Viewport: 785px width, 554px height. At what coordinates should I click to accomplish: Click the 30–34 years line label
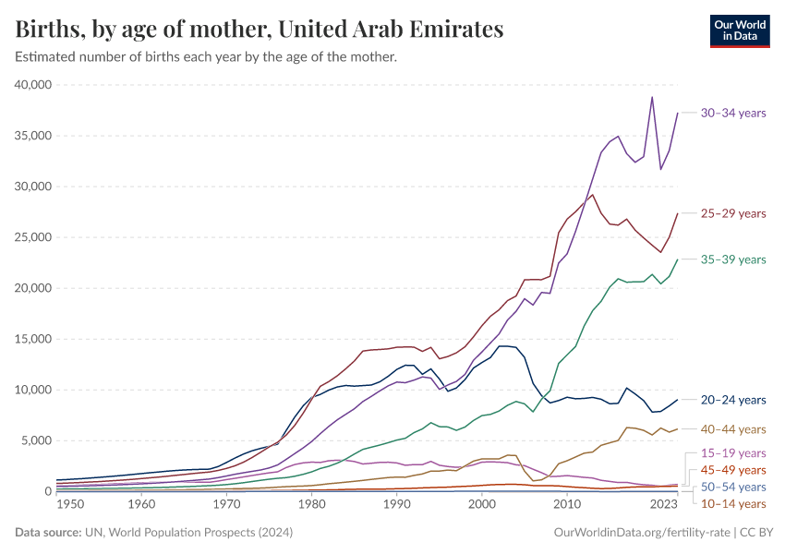tap(733, 113)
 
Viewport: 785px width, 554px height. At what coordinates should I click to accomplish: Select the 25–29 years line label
tap(733, 213)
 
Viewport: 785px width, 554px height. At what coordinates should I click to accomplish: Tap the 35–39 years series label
tap(733, 259)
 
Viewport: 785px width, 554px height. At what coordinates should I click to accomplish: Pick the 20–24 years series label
tap(733, 400)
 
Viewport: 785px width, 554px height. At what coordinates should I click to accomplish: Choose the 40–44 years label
tap(733, 429)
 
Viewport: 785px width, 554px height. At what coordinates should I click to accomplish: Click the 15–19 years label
tap(733, 453)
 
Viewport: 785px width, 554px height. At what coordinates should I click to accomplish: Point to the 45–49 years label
tap(733, 470)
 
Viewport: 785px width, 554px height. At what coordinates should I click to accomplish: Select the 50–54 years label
tap(733, 487)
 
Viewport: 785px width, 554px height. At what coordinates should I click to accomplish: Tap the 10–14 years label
tap(733, 503)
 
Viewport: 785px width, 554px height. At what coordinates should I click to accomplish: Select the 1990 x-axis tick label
tap(396, 504)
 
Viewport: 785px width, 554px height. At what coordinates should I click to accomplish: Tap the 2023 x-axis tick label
tap(663, 504)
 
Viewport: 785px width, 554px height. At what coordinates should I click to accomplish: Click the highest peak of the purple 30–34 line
tap(652, 97)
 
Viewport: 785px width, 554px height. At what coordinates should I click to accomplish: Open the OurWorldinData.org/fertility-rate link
tap(642, 533)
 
